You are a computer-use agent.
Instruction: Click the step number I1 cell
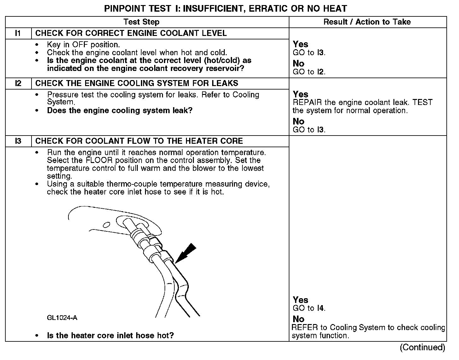point(18,33)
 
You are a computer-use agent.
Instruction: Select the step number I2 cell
point(18,84)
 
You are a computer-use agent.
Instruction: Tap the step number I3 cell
point(18,141)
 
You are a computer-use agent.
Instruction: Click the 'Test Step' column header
point(141,22)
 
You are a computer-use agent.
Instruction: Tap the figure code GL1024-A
point(62,318)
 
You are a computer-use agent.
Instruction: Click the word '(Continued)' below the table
point(422,347)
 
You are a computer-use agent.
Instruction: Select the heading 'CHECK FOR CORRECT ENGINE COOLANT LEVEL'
point(131,33)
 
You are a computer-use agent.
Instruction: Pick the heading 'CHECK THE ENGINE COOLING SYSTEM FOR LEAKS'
point(137,84)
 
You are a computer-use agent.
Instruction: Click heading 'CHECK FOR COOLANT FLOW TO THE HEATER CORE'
point(139,141)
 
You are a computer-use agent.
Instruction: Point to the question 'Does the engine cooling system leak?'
point(119,111)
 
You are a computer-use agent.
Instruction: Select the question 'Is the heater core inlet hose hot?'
point(110,335)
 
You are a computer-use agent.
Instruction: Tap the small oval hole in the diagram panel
point(107,224)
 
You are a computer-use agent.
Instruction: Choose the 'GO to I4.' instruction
point(309,308)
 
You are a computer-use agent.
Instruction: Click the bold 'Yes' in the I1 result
point(300,44)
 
